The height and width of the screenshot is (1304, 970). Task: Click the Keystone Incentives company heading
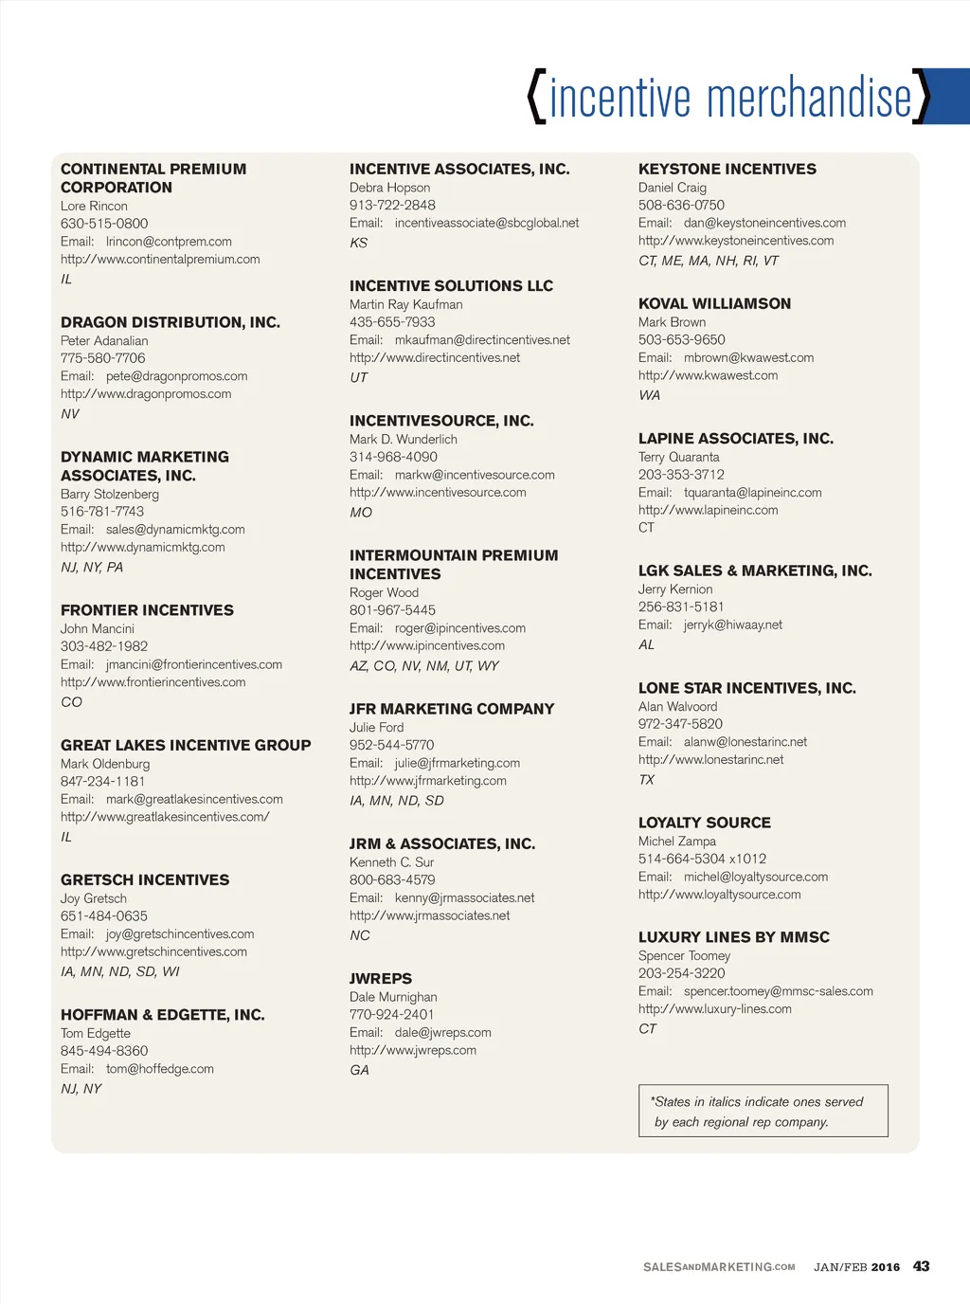pyautogui.click(x=727, y=170)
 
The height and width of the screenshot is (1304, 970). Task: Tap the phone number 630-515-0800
pyautogui.click(x=104, y=224)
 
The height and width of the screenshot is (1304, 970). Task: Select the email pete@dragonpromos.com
pyautogui.click(x=176, y=376)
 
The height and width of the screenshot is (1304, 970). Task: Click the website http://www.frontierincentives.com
pyautogui.click(x=153, y=682)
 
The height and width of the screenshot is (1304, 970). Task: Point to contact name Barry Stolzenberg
pyautogui.click(x=110, y=494)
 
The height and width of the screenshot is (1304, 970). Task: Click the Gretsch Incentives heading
pyautogui.click(x=145, y=880)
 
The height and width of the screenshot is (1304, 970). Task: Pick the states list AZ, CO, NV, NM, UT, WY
pyautogui.click(x=423, y=666)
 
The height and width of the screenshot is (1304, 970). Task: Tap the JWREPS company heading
pyautogui.click(x=381, y=979)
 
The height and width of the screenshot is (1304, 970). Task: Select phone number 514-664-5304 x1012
pyautogui.click(x=702, y=859)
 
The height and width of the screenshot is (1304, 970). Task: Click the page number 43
pyautogui.click(x=921, y=1266)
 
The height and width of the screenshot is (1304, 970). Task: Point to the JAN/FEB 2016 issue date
pyautogui.click(x=856, y=1267)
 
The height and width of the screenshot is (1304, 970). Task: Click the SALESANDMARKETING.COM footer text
pyautogui.click(x=719, y=1267)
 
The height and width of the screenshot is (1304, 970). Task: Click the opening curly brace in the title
pyautogui.click(x=537, y=97)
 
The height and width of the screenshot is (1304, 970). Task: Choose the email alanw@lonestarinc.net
pyautogui.click(x=745, y=742)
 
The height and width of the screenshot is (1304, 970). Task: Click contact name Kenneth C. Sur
pyautogui.click(x=391, y=862)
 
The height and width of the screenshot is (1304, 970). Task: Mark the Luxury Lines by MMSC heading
pyautogui.click(x=733, y=937)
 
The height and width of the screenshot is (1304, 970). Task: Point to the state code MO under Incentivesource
pyautogui.click(x=361, y=513)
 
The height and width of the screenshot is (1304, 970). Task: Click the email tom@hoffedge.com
pyautogui.click(x=159, y=1069)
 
